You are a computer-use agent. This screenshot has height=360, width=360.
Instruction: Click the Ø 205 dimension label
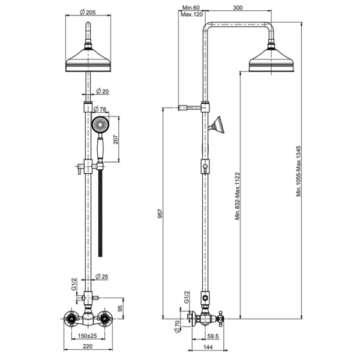[88, 12]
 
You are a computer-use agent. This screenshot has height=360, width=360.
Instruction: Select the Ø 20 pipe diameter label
[102, 91]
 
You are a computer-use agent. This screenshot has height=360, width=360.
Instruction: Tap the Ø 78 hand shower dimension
[100, 109]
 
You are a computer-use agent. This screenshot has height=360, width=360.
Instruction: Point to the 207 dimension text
[116, 140]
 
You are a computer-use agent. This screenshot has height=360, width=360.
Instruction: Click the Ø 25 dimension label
[102, 277]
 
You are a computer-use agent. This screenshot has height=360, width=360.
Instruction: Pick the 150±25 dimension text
[87, 335]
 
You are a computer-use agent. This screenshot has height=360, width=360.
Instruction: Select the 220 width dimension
[88, 346]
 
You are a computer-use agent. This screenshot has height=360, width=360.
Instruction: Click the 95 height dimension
[120, 308]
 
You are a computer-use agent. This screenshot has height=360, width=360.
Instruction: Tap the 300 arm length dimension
[238, 8]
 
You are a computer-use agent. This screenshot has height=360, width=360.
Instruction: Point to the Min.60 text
[191, 8]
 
